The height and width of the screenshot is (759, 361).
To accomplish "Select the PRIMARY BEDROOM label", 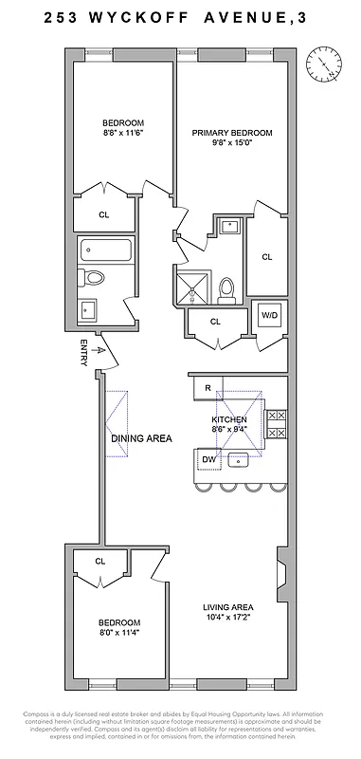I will [x=232, y=134].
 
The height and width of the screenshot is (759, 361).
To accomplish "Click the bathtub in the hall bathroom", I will [x=105, y=251].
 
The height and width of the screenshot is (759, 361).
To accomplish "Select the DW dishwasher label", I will [x=209, y=460].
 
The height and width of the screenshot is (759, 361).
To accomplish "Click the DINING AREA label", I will [x=141, y=438].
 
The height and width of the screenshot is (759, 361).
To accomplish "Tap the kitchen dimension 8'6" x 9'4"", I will [x=228, y=429].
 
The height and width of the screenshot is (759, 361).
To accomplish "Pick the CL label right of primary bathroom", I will [x=266, y=256].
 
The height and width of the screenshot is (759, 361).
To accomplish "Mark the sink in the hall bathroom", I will [x=89, y=309].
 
